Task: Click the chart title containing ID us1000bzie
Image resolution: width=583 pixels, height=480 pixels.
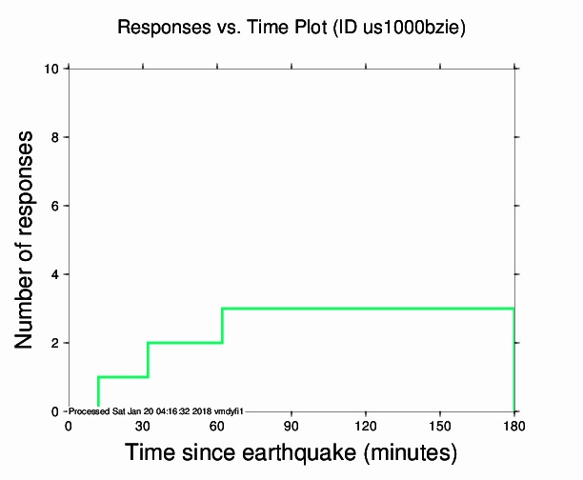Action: pos(291,28)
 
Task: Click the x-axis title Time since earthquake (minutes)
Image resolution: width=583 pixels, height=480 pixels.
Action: pos(291,452)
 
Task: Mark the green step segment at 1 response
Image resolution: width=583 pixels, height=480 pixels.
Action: pos(123,377)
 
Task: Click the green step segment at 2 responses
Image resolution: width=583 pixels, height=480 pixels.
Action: pos(185,343)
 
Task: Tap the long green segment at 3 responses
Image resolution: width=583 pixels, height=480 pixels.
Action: pos(368,309)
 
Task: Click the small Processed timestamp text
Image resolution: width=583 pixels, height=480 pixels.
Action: pos(157,410)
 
